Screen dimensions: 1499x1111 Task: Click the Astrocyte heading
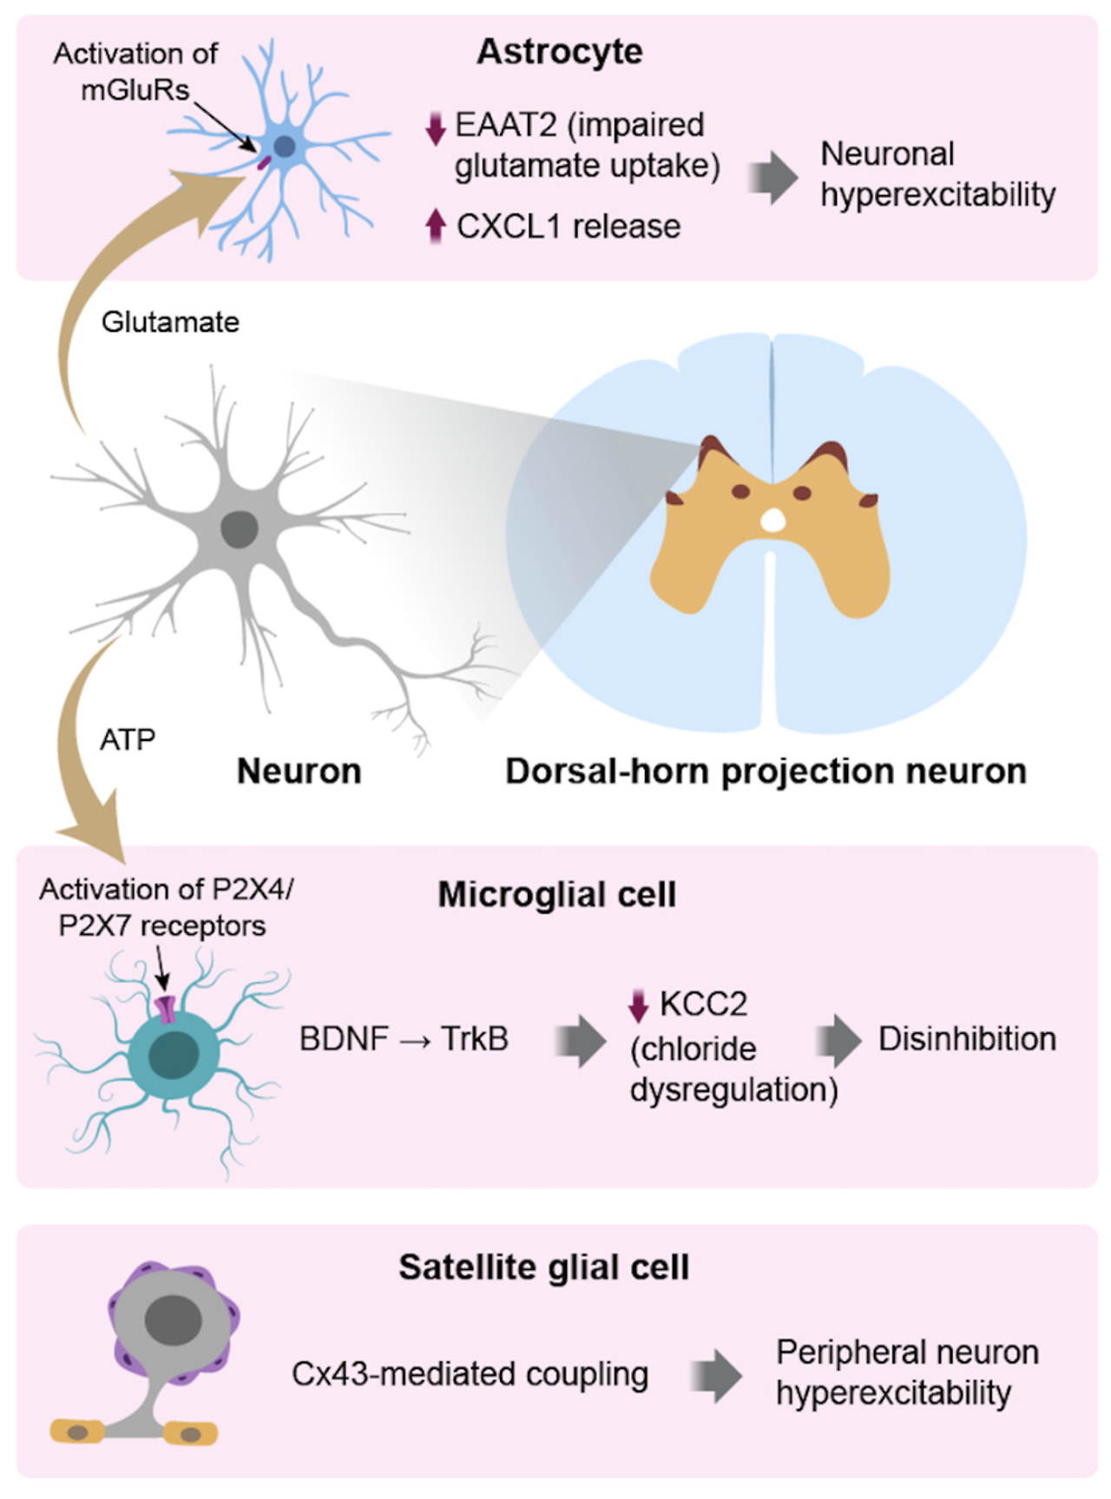(x=560, y=52)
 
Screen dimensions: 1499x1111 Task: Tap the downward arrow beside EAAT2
(x=435, y=128)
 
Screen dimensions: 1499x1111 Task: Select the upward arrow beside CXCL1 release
(x=436, y=226)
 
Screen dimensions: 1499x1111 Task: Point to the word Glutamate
(x=170, y=322)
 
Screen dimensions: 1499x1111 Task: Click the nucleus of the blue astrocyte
(x=285, y=147)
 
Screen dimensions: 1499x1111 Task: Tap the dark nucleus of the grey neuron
(x=240, y=529)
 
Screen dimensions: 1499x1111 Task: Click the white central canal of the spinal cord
(x=772, y=520)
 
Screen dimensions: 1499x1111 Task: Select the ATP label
(x=128, y=740)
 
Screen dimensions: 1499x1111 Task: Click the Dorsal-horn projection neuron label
(x=766, y=771)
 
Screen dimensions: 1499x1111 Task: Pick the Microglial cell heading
(x=556, y=895)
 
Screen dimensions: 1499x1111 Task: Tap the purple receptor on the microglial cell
(x=165, y=1009)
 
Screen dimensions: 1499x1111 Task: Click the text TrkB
(x=474, y=1039)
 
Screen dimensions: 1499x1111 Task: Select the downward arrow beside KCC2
(x=638, y=1007)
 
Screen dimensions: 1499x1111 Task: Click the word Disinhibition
(x=967, y=1039)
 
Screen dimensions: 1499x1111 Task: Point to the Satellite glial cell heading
(x=543, y=1267)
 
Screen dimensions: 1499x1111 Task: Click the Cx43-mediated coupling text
(x=470, y=1374)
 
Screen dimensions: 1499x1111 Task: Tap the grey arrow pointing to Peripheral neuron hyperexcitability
(x=717, y=1375)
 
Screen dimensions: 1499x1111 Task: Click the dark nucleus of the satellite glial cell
(x=174, y=1320)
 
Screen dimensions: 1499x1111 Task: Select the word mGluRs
(x=135, y=90)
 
